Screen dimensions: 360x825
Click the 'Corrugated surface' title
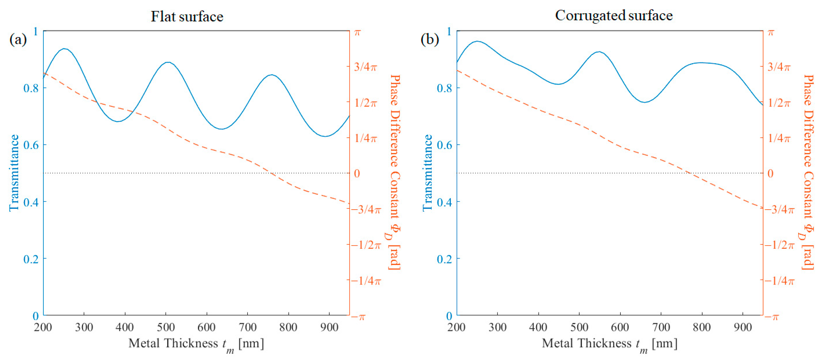(x=614, y=15)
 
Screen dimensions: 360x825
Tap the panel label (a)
(x=18, y=40)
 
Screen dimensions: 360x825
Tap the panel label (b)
(x=430, y=40)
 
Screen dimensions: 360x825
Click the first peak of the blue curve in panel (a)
(x=65, y=49)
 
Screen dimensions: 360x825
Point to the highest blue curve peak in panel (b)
(x=477, y=41)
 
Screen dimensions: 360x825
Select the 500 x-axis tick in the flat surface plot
(x=166, y=327)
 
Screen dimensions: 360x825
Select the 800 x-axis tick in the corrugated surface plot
(x=702, y=327)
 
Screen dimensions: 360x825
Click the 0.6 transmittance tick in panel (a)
(x=31, y=145)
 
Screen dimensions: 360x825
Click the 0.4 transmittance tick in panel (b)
(x=444, y=202)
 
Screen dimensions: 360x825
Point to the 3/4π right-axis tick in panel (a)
(x=365, y=67)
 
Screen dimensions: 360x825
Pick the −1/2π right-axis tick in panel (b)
(x=779, y=245)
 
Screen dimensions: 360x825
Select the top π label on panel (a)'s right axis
(x=358, y=32)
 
